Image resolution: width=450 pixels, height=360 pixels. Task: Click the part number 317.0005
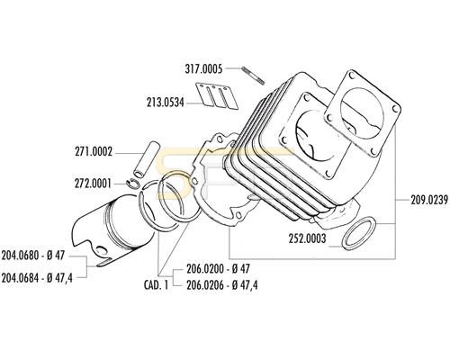[x=203, y=69]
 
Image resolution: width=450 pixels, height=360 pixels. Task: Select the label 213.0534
[x=166, y=103]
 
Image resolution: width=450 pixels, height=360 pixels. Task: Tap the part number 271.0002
[x=94, y=152]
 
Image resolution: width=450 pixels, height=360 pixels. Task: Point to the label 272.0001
[x=93, y=184]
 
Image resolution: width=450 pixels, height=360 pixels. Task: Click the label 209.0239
[x=429, y=200]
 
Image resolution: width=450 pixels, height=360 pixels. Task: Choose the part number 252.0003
[x=307, y=238]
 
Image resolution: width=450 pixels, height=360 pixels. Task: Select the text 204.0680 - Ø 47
[x=33, y=256]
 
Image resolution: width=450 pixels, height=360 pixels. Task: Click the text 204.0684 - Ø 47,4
[x=37, y=278]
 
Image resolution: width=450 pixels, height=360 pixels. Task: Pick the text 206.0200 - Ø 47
[x=218, y=268]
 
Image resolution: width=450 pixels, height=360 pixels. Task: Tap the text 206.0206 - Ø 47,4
[x=222, y=284]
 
